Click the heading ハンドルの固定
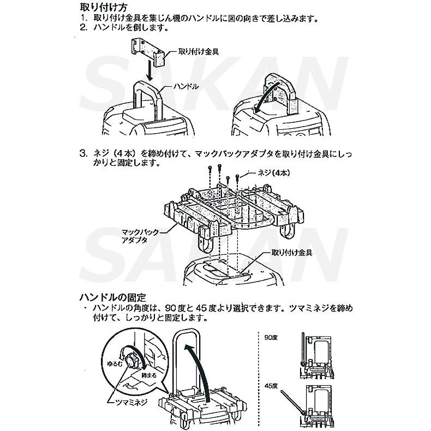[x=113, y=297]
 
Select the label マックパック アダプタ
[x=140, y=236]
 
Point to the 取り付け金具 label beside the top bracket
[x=199, y=53]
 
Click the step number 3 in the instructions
[x=83, y=153]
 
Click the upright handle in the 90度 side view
[x=302, y=349]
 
